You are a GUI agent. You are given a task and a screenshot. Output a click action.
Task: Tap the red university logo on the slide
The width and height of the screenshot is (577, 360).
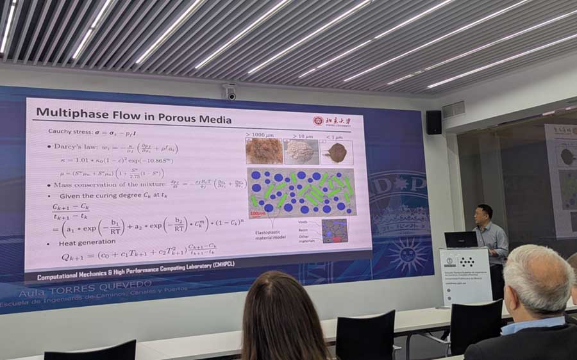point(318,120)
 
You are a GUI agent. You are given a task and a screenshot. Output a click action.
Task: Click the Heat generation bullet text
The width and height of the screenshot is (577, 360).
point(87,243)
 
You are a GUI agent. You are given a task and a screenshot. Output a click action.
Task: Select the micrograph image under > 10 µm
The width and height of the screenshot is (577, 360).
point(301,152)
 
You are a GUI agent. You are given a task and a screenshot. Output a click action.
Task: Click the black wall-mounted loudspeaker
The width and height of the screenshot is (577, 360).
point(434,122)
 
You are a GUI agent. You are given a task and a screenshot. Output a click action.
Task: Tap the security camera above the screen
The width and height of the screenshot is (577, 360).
point(230,93)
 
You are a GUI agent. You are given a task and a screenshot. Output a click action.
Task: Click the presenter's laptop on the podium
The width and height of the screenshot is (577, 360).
point(460,240)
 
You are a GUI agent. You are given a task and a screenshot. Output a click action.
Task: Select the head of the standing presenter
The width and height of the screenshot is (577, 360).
point(485,213)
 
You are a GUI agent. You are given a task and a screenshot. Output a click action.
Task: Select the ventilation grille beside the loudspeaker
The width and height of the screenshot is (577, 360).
point(453,110)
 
